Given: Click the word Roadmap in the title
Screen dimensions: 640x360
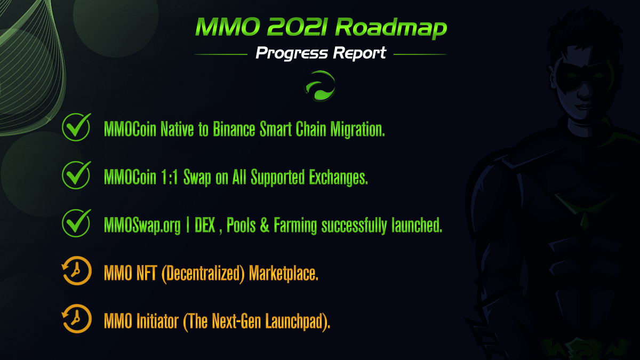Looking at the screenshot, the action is tap(391, 27).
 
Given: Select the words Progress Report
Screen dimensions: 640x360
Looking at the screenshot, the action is tap(321, 53).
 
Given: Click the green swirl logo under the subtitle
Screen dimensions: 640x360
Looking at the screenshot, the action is tap(320, 86).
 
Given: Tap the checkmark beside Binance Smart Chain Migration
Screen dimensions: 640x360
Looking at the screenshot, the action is tap(76, 127).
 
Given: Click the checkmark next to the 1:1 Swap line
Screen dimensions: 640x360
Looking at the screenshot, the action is tap(76, 175).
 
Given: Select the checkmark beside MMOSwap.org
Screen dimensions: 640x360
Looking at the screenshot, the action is tap(76, 223).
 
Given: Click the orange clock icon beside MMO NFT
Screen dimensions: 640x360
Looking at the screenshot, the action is tap(77, 270).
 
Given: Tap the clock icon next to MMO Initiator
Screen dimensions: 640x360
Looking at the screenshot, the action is tap(77, 318).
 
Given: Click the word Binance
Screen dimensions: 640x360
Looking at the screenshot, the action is tap(234, 129).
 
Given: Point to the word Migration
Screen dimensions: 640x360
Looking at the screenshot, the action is tap(357, 130).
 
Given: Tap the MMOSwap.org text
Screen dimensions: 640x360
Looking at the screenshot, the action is tap(142, 226).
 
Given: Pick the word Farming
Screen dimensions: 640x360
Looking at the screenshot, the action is tap(295, 226).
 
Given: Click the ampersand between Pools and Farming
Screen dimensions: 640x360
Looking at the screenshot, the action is tap(265, 225).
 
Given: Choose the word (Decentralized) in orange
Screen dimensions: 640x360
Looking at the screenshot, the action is tap(203, 274).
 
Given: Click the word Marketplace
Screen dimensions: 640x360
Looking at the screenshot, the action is tap(284, 274).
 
